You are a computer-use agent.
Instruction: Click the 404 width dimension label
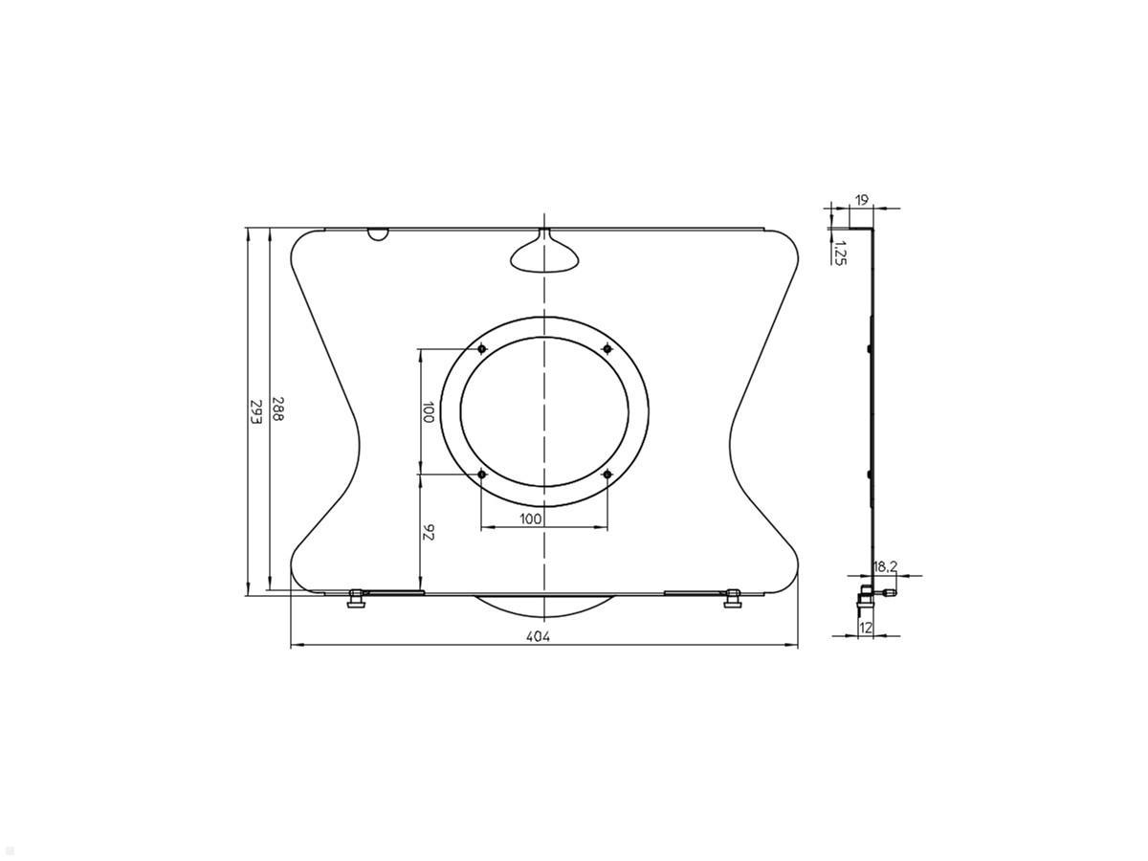click(x=539, y=636)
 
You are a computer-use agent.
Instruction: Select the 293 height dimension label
click(x=255, y=413)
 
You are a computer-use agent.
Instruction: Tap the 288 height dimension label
click(x=277, y=409)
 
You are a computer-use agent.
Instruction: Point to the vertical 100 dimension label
click(x=429, y=412)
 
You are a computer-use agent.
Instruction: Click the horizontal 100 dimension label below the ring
click(x=530, y=519)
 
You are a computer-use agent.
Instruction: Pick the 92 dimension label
click(x=429, y=532)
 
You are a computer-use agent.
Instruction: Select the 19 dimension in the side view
click(x=861, y=200)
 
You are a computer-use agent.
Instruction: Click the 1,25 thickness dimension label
click(x=841, y=253)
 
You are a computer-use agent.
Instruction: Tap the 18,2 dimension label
click(x=885, y=566)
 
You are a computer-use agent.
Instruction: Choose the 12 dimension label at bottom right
click(x=866, y=628)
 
